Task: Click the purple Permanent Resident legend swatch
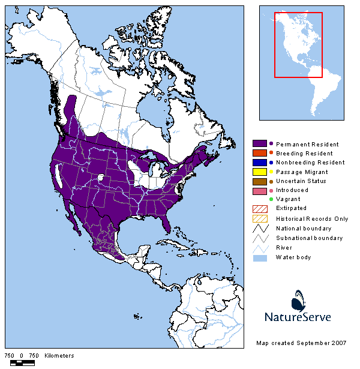[x=260, y=144]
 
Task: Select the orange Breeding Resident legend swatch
[x=260, y=154]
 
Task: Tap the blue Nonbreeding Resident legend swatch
[x=260, y=163]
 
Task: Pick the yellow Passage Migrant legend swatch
[x=260, y=172]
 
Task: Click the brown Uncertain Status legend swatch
[x=260, y=181]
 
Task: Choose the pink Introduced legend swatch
[x=260, y=190]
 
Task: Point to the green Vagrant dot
[x=271, y=199]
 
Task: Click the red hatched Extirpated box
[x=260, y=208]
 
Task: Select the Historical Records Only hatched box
[x=260, y=218]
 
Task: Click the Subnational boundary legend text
[x=309, y=238]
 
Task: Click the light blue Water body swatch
[x=260, y=257]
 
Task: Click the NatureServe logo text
[x=298, y=317]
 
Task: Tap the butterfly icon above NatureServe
[x=300, y=300]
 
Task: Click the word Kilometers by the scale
[x=58, y=356]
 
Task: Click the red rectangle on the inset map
[x=299, y=45]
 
